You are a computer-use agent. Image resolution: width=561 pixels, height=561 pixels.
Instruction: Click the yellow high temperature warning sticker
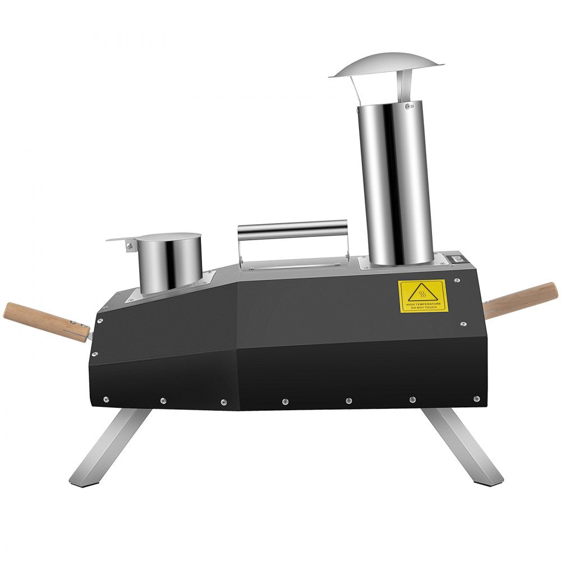coord(422,296)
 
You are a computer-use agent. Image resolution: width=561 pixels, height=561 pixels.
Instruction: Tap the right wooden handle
coord(522,300)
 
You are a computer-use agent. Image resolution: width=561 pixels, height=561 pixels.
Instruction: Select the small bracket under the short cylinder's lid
coord(131,246)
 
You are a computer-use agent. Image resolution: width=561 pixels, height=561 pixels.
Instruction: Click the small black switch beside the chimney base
coord(456,259)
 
